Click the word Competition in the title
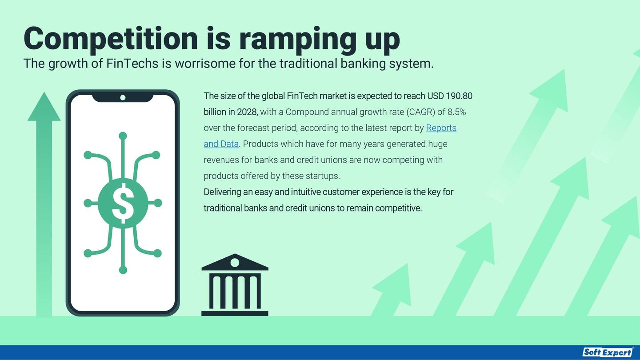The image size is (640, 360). pos(111,40)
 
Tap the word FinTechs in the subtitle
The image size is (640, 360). pos(132,63)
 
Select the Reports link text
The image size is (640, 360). pos(441,128)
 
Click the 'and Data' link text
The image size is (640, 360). pos(221,144)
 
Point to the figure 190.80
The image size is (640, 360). pos(459,96)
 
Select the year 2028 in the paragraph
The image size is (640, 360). pos(247,112)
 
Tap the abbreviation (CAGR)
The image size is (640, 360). pos(420,112)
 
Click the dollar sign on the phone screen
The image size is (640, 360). pos(123,203)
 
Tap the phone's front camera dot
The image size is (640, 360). pos(123,98)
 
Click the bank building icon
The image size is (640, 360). pos(235,284)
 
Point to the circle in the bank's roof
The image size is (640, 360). pos(235,263)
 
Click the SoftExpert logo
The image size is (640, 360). pos(608,352)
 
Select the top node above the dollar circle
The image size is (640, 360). pos(123,136)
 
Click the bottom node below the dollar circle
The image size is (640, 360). pos(123,270)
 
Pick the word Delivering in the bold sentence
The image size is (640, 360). pos(222,192)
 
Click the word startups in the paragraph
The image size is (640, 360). pos(323,176)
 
